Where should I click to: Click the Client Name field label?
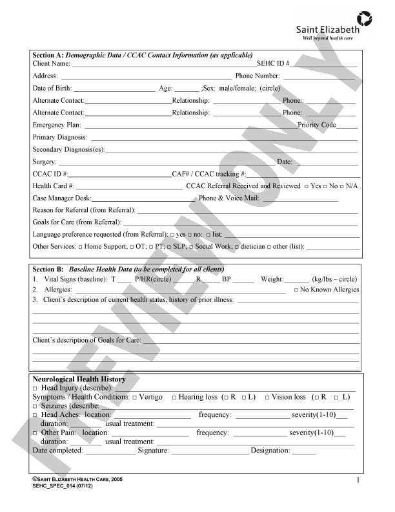[51, 63]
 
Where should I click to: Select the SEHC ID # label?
[273, 63]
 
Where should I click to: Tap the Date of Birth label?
[52, 88]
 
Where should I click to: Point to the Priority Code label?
[317, 125]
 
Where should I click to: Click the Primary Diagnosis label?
[60, 137]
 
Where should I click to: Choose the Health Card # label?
[53, 186]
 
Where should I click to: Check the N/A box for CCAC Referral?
[341, 186]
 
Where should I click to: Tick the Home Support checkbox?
[81, 247]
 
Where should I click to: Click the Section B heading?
[48, 268]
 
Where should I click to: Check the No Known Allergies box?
[296, 290]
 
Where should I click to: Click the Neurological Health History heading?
[79, 379]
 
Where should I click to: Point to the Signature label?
[153, 451]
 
